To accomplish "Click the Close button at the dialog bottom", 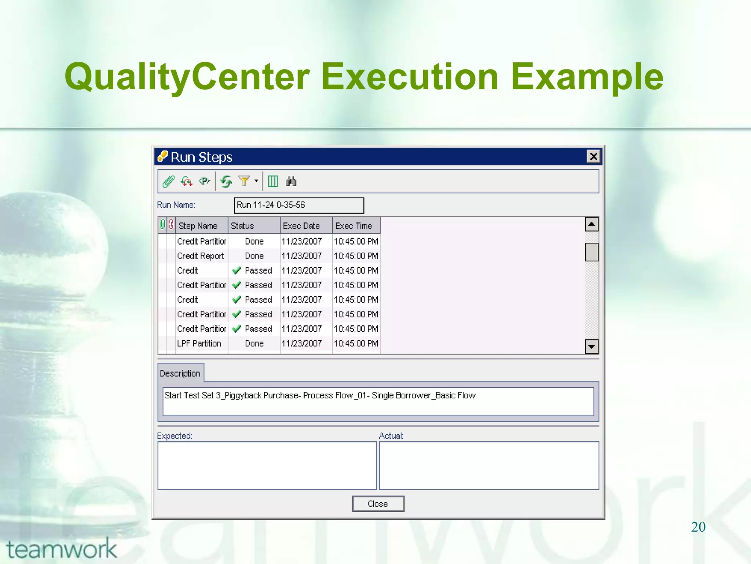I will (x=378, y=504).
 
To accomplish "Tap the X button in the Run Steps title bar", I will (x=593, y=157).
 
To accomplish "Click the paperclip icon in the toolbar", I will (x=168, y=181).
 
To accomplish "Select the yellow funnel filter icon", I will (x=244, y=181).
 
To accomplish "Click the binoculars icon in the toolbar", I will (x=291, y=181).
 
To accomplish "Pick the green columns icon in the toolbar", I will (x=272, y=181).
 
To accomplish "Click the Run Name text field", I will (x=299, y=205).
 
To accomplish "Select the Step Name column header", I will (x=198, y=226).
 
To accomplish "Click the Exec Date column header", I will (x=301, y=226).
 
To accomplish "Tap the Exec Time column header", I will (x=353, y=226).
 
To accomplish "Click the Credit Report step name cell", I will (x=200, y=256).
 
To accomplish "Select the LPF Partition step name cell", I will (x=199, y=343).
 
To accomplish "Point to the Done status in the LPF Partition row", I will (x=254, y=343).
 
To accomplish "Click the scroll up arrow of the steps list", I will (x=591, y=224).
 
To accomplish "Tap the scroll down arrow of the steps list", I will (x=591, y=346).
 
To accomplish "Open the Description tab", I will (x=180, y=373).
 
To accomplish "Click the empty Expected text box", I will (x=267, y=465).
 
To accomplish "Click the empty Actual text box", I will (x=489, y=465).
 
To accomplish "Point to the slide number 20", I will (x=698, y=527).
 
